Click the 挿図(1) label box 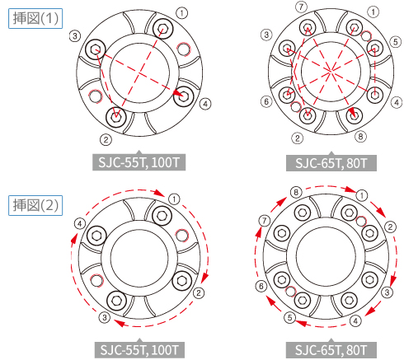pyautogui.click(x=35, y=18)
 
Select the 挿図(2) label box pyautogui.click(x=35, y=205)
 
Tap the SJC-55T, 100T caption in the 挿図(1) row pyautogui.click(x=139, y=162)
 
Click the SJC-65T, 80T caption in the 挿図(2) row pyautogui.click(x=331, y=350)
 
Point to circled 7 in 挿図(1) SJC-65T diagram pyautogui.click(x=301, y=7)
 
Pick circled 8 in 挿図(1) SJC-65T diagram pyautogui.click(x=360, y=136)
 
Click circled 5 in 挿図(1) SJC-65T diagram pyautogui.click(x=396, y=42)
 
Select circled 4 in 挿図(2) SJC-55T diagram pyautogui.click(x=80, y=224)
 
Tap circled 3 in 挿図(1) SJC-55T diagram pyautogui.click(x=75, y=35)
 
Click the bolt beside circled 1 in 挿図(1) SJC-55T pyautogui.click(x=162, y=29)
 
